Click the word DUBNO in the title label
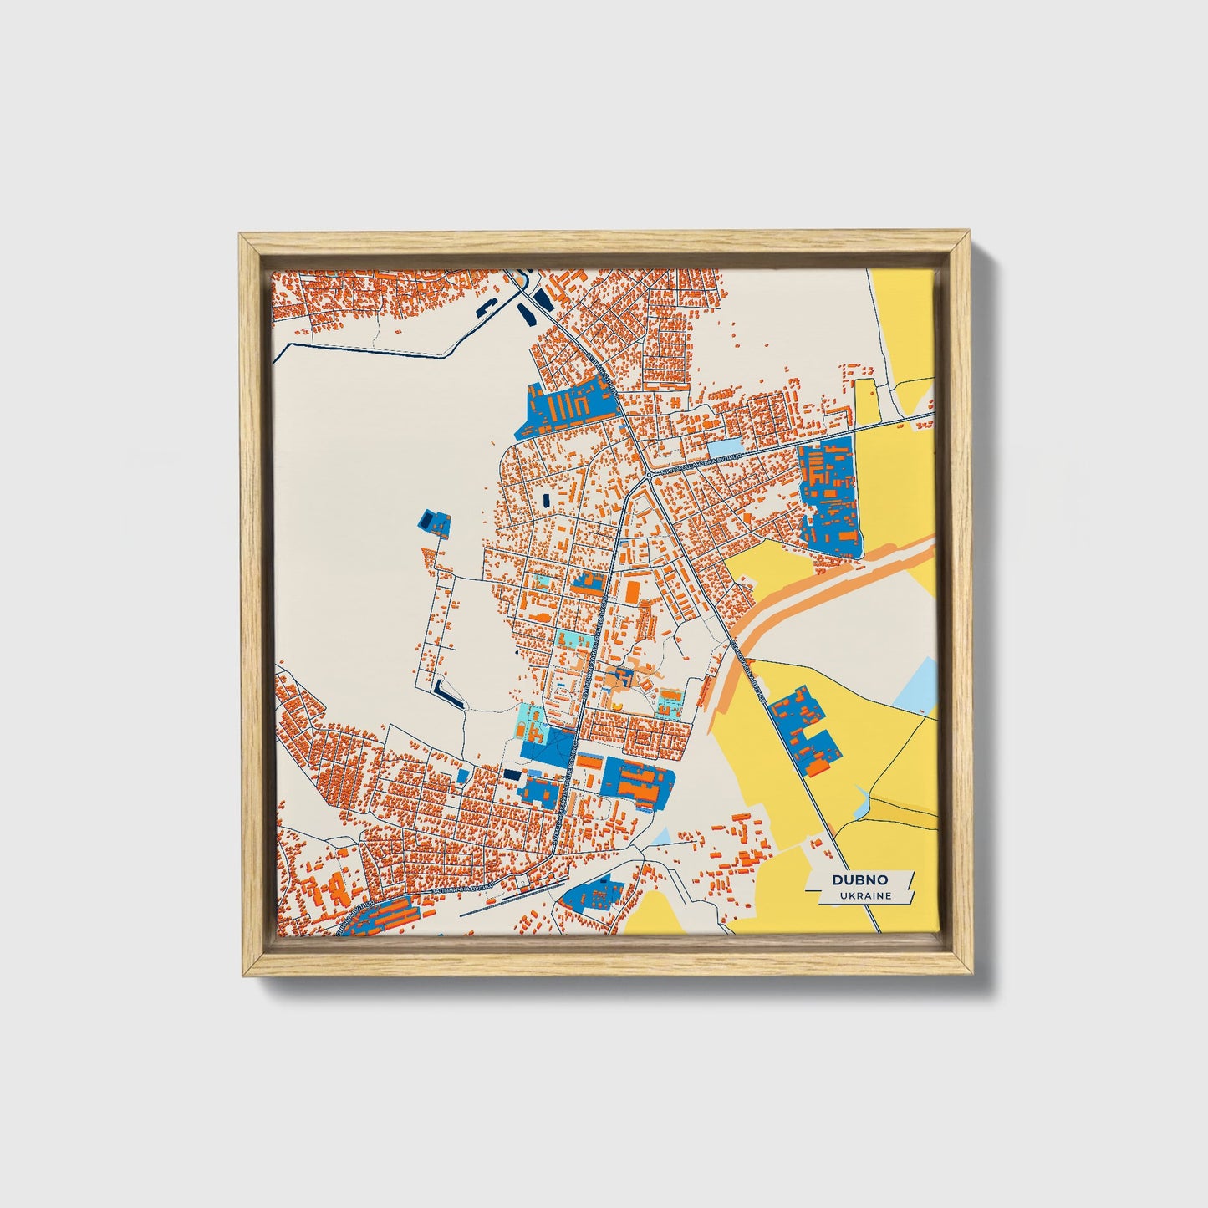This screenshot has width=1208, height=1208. (859, 879)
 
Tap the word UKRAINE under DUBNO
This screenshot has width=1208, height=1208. (865, 895)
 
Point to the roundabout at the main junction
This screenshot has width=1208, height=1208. (649, 475)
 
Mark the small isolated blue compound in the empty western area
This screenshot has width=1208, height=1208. (434, 522)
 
